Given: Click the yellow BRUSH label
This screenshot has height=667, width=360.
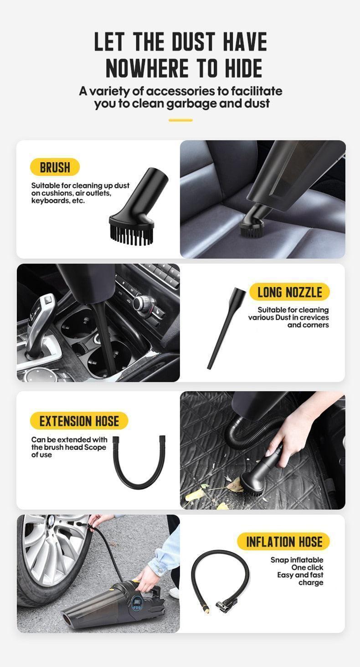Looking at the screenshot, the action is click(x=55, y=167).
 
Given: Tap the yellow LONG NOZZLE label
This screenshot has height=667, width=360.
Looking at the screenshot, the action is click(x=289, y=292).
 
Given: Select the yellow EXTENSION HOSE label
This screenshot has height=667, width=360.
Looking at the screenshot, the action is click(x=79, y=421).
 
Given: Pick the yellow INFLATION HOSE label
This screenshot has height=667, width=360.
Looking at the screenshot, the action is click(x=284, y=541).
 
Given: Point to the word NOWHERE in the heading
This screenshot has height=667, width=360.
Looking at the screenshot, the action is click(x=147, y=68).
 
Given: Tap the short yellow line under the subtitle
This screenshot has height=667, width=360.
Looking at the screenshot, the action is click(x=180, y=120).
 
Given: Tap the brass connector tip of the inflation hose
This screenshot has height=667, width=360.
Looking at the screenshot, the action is click(x=206, y=609).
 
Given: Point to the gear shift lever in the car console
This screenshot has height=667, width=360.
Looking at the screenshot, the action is click(x=39, y=323).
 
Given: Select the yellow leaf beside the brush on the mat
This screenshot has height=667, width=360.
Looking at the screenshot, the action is click(x=236, y=484).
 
